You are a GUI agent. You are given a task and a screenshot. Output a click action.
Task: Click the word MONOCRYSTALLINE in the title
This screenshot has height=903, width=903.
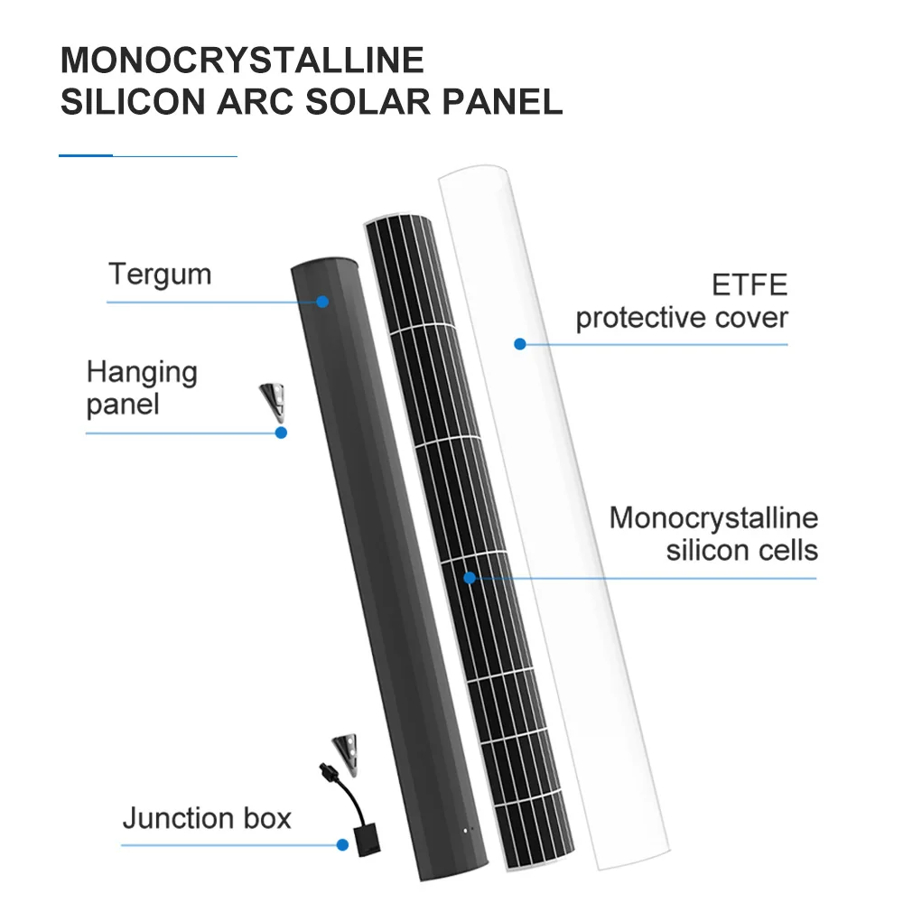click(x=242, y=61)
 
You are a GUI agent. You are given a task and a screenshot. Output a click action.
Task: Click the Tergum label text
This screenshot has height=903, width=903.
click(x=160, y=274)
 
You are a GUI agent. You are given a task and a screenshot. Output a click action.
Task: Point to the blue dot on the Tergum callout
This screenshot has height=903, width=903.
click(x=322, y=302)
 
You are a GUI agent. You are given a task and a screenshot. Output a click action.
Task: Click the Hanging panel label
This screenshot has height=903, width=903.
click(x=142, y=387)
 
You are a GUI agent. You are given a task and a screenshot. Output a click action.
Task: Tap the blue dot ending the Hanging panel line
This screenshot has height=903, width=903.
click(x=281, y=433)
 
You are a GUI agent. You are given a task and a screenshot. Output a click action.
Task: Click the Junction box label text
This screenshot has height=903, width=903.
click(x=207, y=818)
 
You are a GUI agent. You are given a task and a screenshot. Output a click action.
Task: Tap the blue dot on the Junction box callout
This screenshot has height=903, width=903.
click(x=342, y=845)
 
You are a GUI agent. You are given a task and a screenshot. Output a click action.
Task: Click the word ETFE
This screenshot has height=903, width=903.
click(x=749, y=285)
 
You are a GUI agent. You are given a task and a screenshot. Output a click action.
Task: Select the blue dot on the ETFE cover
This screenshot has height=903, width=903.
click(x=519, y=344)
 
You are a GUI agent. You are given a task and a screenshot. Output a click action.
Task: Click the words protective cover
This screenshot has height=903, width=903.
click(x=682, y=318)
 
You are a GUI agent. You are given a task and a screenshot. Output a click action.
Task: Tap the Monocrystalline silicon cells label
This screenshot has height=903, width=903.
click(x=713, y=534)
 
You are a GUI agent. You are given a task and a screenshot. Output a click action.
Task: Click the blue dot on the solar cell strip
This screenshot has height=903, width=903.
click(x=470, y=577)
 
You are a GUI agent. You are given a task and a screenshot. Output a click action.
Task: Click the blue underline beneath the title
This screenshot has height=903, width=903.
click(x=147, y=156)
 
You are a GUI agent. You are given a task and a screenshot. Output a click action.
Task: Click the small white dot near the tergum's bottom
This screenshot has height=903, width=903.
click(x=467, y=828)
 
